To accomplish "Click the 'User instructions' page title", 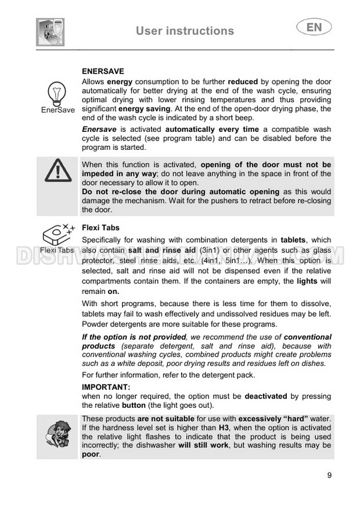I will [185, 31].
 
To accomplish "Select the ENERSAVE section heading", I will [103, 71].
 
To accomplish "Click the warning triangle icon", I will [57, 170].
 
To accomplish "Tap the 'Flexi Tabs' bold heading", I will [101, 228].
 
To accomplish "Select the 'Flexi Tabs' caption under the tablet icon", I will [57, 250].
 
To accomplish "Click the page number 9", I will [329, 476].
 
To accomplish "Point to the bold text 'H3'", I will [224, 428].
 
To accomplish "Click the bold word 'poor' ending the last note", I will [91, 454].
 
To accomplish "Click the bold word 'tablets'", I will [296, 239].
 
